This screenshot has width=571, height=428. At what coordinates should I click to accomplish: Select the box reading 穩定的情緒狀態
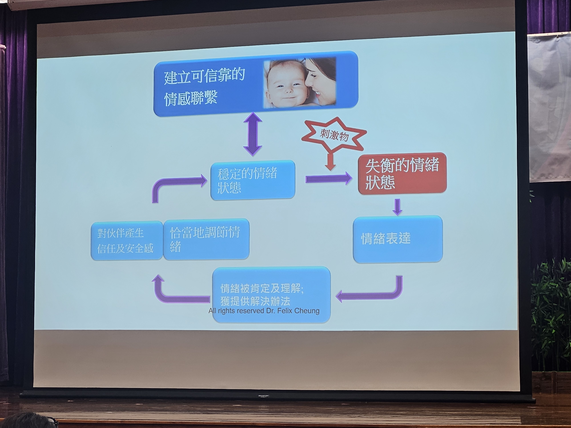tap(253, 180)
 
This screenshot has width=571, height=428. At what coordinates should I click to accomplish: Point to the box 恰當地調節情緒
tap(206, 239)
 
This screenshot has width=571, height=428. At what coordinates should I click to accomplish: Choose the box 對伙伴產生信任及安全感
tap(127, 241)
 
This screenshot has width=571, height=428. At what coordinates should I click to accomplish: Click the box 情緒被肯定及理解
tap(271, 294)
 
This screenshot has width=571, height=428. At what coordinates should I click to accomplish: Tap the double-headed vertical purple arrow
tap(253, 134)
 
